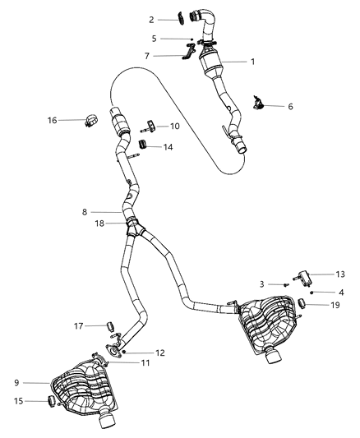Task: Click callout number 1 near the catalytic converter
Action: [x=253, y=61]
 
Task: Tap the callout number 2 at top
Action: [x=151, y=18]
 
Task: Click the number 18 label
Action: [x=98, y=223]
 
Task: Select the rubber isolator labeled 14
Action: [x=143, y=146]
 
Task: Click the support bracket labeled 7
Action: [x=187, y=57]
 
